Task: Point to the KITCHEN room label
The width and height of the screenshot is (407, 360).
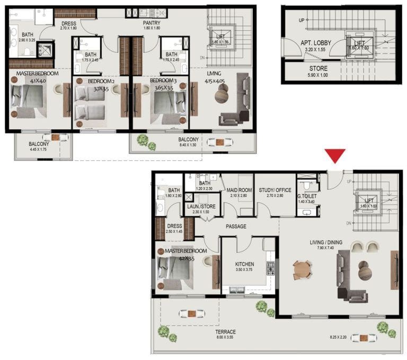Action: click(244, 264)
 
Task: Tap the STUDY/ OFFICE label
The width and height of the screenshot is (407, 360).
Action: click(275, 190)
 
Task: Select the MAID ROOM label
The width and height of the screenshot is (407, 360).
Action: click(238, 190)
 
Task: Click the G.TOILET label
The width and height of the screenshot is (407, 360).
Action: click(307, 194)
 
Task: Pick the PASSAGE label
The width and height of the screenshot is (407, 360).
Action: click(236, 226)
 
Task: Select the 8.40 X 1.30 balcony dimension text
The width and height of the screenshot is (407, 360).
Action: click(188, 145)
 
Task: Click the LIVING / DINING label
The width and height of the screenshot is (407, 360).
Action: click(326, 243)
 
